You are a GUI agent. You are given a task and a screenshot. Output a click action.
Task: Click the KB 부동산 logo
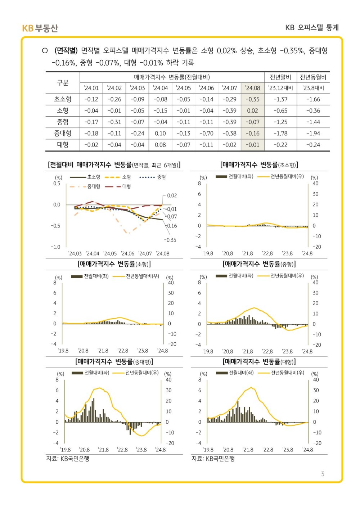coord(40,28)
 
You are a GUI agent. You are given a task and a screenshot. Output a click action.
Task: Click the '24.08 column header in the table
coord(252,88)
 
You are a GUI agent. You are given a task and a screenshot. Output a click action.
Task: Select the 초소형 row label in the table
coord(63,99)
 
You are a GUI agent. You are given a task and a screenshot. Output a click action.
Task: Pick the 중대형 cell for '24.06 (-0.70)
coord(206,134)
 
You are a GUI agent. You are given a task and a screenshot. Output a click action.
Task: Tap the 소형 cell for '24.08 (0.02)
coord(252,111)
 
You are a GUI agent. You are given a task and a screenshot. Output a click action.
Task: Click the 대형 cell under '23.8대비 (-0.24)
coord(313,145)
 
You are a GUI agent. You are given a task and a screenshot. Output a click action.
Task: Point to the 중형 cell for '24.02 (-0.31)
coord(114,122)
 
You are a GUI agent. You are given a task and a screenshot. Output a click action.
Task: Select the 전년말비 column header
coord(280,77)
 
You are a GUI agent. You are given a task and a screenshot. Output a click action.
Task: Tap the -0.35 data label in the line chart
coord(170,240)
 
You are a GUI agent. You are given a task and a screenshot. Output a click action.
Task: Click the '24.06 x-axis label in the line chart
coord(127,253)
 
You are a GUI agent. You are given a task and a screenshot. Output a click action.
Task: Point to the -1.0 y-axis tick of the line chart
coord(55,247)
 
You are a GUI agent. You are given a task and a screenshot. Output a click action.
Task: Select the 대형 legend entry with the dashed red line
coord(118,186)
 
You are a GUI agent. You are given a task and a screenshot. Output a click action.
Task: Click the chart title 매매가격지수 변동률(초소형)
coord(259,165)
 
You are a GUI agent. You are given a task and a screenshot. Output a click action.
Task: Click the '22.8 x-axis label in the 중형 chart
coord(267,352)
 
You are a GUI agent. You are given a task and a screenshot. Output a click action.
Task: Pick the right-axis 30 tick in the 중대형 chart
coord(168,390)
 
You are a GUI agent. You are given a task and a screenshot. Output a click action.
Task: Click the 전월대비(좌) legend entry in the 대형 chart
coord(235,373)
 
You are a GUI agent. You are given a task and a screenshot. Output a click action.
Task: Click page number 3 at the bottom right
coord(323,474)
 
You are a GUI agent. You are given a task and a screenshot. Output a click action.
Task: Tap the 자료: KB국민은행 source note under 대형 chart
coord(213,459)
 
